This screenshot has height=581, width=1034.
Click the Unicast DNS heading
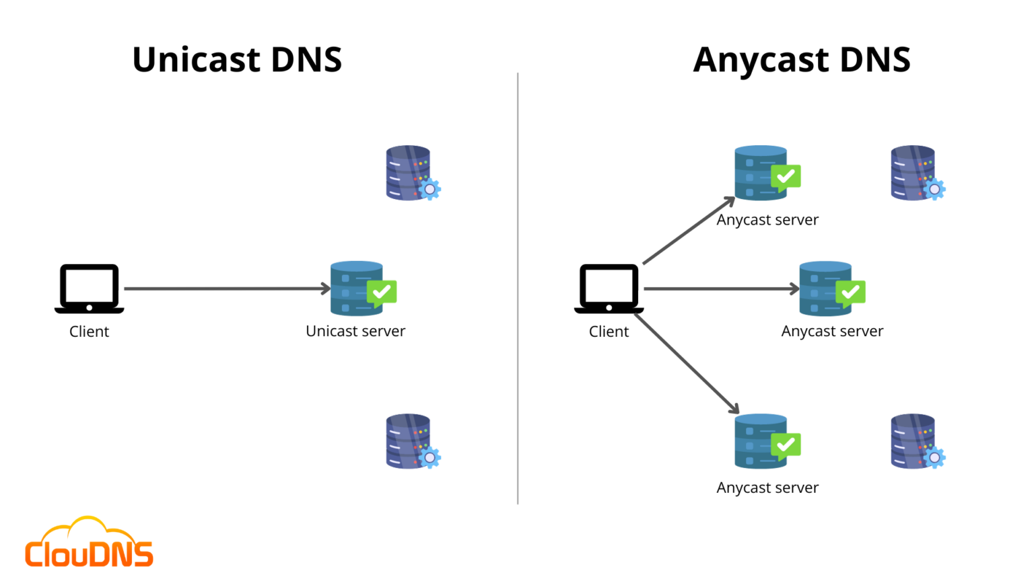point(237,59)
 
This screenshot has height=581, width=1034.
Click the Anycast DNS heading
point(802,59)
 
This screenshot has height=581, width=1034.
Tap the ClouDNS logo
point(89,543)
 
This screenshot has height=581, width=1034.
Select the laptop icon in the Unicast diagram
point(89,288)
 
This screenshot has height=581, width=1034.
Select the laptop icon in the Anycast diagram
point(609,288)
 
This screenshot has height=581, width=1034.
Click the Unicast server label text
point(355,331)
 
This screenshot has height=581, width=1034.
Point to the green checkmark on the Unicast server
point(382,293)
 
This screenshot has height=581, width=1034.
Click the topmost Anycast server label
point(767,220)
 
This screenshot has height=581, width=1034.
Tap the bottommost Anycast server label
point(767,488)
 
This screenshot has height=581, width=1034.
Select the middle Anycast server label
point(832,331)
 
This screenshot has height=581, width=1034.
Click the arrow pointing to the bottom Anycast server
point(687,363)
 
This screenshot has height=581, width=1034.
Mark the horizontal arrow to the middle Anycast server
point(720,288)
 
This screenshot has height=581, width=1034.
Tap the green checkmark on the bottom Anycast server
point(786,445)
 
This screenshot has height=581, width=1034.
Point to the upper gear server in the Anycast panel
point(916,173)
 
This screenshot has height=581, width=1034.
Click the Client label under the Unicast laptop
point(89,332)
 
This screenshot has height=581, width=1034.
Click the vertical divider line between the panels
point(518,289)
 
